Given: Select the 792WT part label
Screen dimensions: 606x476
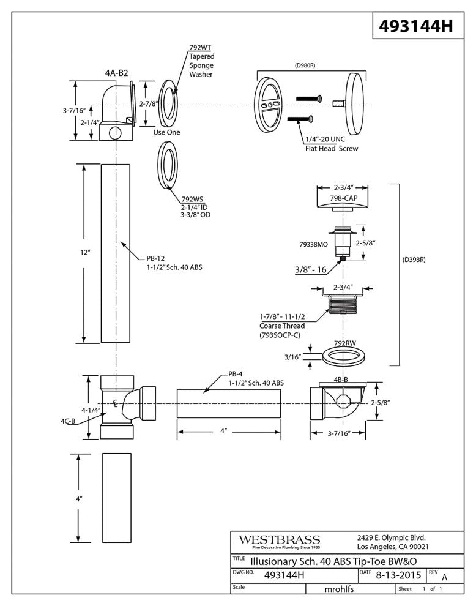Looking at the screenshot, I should click(196, 47).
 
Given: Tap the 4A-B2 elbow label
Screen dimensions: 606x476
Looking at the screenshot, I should click(116, 73).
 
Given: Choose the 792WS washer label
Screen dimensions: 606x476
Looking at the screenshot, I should click(192, 199).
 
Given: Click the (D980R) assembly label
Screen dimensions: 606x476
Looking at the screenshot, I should click(309, 65).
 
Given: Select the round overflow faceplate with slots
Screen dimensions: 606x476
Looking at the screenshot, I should click(269, 103).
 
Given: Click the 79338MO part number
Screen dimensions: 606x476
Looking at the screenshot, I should click(314, 244).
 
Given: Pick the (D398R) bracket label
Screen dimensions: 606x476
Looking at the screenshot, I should click(414, 260).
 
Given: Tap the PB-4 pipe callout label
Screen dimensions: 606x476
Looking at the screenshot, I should click(236, 374).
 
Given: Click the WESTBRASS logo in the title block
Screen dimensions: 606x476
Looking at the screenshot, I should click(279, 541).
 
